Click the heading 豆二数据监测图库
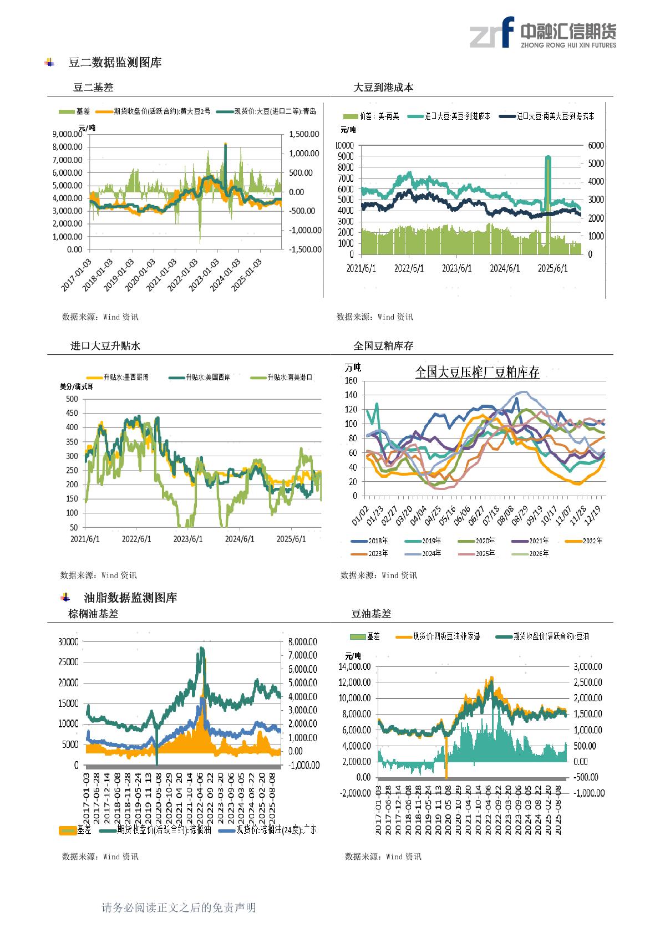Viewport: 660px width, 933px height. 115,63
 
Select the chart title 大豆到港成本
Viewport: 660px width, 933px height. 383,88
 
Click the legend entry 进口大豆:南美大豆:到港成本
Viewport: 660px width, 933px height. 555,116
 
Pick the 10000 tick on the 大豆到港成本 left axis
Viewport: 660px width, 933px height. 344,145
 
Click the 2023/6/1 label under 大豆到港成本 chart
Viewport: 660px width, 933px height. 457,268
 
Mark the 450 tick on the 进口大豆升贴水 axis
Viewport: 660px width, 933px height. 72,413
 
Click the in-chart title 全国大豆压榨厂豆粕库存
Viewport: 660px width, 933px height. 477,372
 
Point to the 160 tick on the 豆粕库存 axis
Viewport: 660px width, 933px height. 350,381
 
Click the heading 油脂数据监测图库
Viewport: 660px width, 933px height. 130,598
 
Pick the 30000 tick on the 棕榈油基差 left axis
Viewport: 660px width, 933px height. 68,641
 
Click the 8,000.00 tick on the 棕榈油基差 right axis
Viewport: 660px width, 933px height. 302,641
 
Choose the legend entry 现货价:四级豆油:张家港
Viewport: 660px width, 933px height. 446,636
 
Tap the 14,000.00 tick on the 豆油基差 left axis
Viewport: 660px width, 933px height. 354,667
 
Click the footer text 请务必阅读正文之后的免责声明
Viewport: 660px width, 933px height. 179,907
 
